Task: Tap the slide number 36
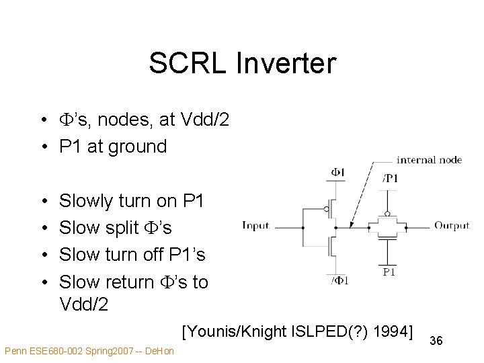436,341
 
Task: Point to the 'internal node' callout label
429,160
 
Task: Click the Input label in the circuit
255,226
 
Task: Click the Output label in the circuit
452,226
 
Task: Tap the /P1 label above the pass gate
390,178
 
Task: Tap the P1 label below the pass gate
389,272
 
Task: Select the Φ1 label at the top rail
337,173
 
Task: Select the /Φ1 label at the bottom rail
340,280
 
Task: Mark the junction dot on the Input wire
302,227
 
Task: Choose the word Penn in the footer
14,351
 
